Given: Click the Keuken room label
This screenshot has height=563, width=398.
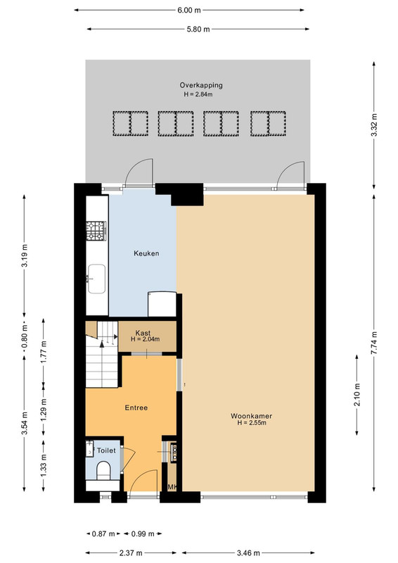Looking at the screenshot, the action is point(146,253).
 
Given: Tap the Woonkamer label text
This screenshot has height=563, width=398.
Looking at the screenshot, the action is point(251,416).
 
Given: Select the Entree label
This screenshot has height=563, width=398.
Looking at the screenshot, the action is point(136,408).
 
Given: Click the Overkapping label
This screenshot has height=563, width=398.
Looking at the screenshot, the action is point(201,85).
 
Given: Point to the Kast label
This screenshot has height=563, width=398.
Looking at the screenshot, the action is point(143,333).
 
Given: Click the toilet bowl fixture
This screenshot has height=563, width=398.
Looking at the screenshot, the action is point(103,470).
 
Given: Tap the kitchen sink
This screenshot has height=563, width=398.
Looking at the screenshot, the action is point(97,279).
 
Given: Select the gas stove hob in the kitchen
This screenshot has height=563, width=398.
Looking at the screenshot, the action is point(96,231).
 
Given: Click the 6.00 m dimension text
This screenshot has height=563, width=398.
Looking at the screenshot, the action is point(189,10).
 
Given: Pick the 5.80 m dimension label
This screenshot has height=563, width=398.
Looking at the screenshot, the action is point(198,29).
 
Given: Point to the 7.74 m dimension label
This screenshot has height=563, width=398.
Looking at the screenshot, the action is point(374,343).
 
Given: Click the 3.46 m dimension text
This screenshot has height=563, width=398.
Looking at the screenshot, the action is point(248,553).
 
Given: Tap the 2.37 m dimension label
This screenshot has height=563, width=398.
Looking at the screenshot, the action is point(131,553).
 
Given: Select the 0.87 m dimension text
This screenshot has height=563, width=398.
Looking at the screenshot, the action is point(103,534).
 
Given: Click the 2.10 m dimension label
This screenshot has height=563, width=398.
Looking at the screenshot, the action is point(357,395).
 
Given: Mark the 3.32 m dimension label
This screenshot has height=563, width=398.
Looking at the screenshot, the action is point(374,125).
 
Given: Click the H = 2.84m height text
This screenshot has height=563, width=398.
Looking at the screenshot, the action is point(198,94).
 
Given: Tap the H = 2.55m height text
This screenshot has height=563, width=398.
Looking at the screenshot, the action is point(252,423).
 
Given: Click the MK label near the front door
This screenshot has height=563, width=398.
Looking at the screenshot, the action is point(172,487).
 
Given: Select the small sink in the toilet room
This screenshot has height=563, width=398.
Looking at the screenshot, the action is point(89,449).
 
